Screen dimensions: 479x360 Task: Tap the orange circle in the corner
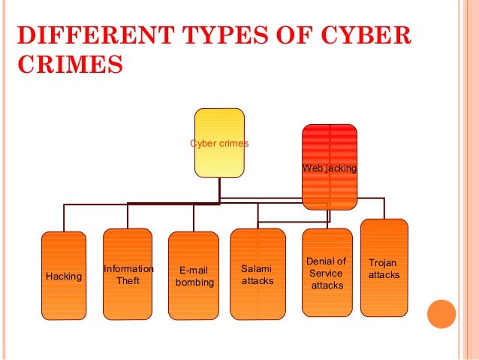[441, 314]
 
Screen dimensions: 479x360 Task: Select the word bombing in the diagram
[194, 283]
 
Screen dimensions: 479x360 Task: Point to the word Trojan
[383, 263]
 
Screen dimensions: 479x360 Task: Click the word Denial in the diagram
[326, 262]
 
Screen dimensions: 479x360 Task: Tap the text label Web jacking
[329, 168]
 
